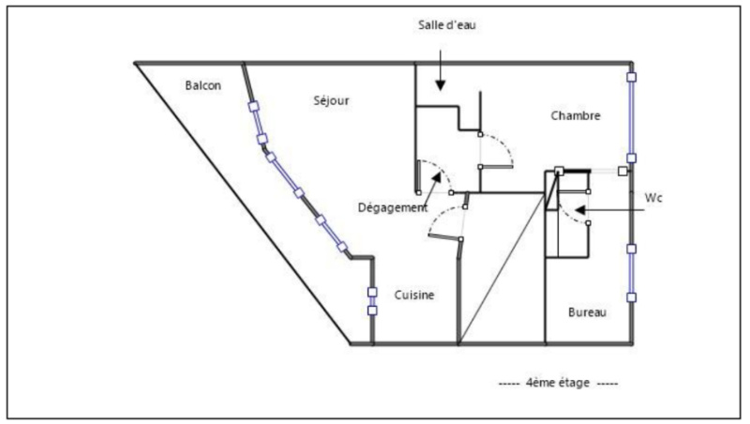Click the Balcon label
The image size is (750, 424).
202,85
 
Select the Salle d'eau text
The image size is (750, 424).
448,24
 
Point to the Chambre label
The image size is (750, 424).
575,115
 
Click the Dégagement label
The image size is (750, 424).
393,207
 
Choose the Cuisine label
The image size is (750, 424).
413,295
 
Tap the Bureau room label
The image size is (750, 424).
587,311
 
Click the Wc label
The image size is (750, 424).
653,198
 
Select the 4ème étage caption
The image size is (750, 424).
557,383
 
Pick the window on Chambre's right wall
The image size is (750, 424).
632,118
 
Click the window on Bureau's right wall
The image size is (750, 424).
632,273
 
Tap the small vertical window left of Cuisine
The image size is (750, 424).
372,300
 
